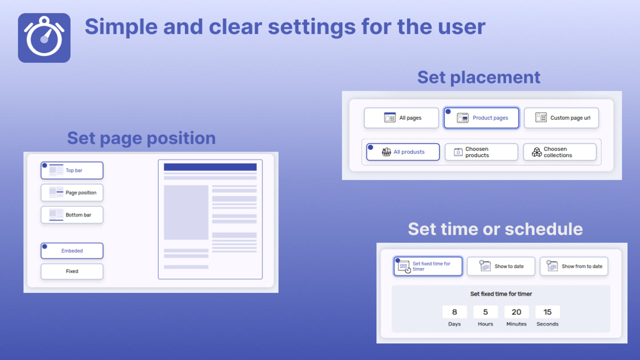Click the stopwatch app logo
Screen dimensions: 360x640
(x=44, y=38)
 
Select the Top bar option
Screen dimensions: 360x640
(x=72, y=170)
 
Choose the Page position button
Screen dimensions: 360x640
(x=72, y=193)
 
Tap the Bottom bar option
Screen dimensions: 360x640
(x=72, y=215)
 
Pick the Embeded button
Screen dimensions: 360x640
(x=72, y=251)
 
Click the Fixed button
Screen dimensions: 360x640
(x=72, y=271)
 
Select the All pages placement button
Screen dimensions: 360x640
(x=401, y=118)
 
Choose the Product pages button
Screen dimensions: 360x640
(x=481, y=118)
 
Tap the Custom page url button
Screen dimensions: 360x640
(x=561, y=118)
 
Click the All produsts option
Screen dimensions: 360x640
(x=403, y=152)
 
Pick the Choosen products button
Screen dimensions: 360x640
(x=481, y=152)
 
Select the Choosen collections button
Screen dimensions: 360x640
(x=560, y=152)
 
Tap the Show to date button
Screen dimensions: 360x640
(x=501, y=266)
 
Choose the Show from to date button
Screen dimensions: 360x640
(x=574, y=266)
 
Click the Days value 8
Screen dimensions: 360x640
(x=454, y=312)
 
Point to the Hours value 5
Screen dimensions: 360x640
(x=486, y=312)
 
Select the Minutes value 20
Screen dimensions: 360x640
(x=516, y=312)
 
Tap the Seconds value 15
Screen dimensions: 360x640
(x=548, y=312)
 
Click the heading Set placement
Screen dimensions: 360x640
(x=479, y=77)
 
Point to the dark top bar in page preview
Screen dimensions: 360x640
(x=210, y=167)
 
